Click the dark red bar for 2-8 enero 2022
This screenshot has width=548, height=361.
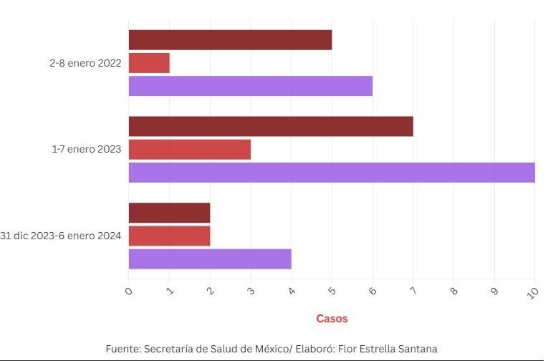click(230, 40)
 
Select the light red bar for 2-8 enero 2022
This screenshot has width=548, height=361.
click(149, 63)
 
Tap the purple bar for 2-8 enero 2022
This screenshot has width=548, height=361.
click(250, 86)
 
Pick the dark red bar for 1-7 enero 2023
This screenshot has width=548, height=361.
click(271, 126)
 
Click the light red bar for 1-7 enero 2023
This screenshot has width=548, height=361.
click(189, 150)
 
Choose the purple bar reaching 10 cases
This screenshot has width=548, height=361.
click(331, 173)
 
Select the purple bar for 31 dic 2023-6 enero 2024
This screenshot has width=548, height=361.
click(210, 259)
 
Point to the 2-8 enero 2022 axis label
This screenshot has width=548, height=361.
click(85, 63)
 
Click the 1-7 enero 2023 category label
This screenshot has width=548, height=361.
click(86, 150)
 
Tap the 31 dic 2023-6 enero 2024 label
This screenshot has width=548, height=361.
click(61, 236)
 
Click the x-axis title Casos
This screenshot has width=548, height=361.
click(332, 319)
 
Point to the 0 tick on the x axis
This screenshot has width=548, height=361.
click(129, 292)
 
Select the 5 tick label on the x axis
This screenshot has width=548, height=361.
click(332, 292)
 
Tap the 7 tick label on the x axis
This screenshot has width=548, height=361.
click(413, 292)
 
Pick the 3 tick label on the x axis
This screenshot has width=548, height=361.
click(251, 292)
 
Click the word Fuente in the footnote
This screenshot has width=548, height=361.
click(122, 349)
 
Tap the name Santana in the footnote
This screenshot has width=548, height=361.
click(415, 349)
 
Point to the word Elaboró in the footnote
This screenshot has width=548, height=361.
click(312, 349)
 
